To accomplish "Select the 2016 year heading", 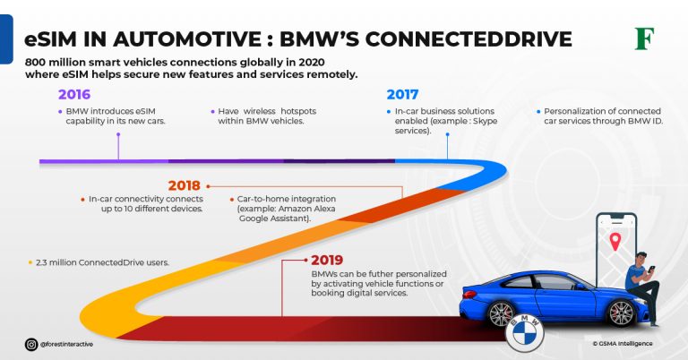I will pos(74,93).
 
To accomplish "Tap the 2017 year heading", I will pos(403,93).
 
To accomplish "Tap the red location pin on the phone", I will pos(615,240).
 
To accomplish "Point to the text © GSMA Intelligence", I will pos(622,343).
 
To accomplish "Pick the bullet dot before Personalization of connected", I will pos(538,111).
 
